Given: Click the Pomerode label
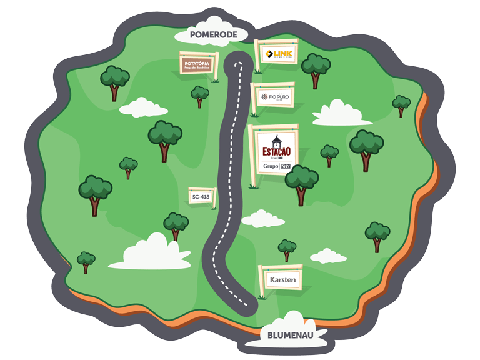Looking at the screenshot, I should pos(214,35).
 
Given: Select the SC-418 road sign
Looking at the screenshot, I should pos(201,196).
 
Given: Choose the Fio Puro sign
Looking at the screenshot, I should pos(276,96).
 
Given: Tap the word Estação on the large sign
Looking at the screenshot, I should pos(274,152).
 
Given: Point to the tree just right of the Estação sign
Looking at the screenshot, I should pos(302,182).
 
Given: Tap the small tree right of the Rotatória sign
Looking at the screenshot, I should pos(200,96).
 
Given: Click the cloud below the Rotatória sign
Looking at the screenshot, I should pos(143,107).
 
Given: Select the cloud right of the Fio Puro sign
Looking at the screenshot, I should pos(338,113).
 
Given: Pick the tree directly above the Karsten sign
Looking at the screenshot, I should pos(287,249).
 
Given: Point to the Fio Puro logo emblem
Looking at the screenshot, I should pos(264,96).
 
